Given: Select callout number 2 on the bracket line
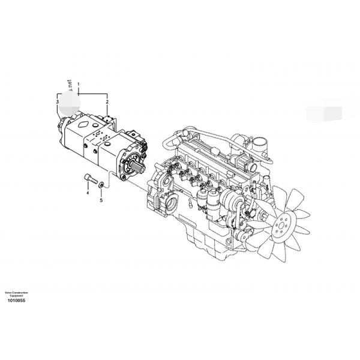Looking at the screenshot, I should (x=107, y=103).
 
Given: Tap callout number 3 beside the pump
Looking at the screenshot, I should (x=58, y=103).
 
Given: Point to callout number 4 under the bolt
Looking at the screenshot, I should (x=87, y=193).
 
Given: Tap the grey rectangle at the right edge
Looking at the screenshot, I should (x=323, y=113).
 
